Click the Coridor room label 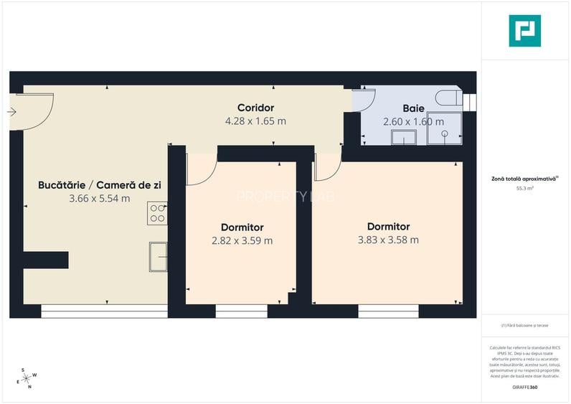point(255,108)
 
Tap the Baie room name point(413,108)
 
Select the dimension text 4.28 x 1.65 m point(255,121)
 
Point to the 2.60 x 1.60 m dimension point(413,121)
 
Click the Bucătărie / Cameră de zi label point(99,185)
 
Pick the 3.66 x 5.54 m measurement point(99,199)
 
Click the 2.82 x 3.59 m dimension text point(242,240)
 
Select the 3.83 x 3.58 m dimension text point(388,240)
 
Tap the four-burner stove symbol point(157,213)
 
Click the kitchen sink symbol point(158,257)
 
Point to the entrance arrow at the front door point(11,112)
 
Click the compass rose point(27,378)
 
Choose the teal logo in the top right point(524,31)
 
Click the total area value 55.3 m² point(525,189)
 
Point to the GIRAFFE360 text point(525,387)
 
